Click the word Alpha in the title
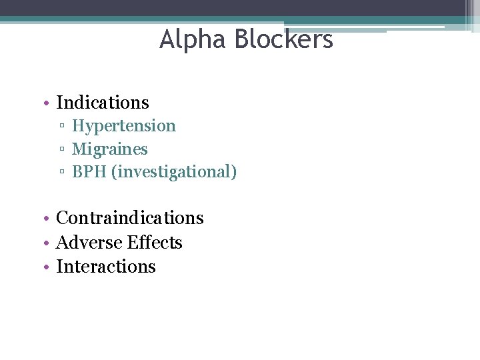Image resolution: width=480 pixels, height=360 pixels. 190,40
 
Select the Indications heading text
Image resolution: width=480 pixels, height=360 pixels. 103,103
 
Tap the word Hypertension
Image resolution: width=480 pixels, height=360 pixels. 124,126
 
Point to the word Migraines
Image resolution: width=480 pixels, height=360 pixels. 110,149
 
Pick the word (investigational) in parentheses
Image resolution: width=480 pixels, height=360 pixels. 174,173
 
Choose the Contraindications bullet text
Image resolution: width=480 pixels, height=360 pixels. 130,218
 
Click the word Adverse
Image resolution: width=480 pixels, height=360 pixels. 87,243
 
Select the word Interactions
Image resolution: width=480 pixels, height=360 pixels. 106,267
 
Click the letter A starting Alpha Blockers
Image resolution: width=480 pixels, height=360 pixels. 167,40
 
